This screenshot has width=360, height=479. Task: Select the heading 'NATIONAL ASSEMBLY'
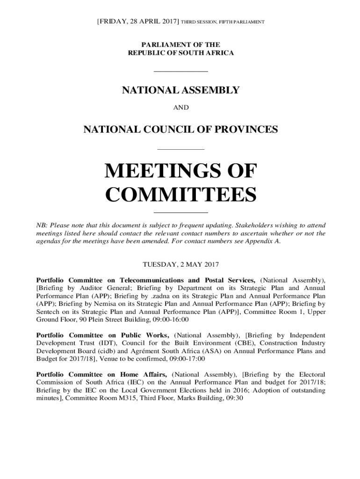181,90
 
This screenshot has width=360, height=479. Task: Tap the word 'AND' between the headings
181,108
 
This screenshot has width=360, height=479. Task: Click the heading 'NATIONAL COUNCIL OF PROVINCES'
180,130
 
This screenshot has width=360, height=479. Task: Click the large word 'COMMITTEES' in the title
180,195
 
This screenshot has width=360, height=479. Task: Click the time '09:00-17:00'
186,359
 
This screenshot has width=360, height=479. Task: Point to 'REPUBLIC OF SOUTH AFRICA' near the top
180,53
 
